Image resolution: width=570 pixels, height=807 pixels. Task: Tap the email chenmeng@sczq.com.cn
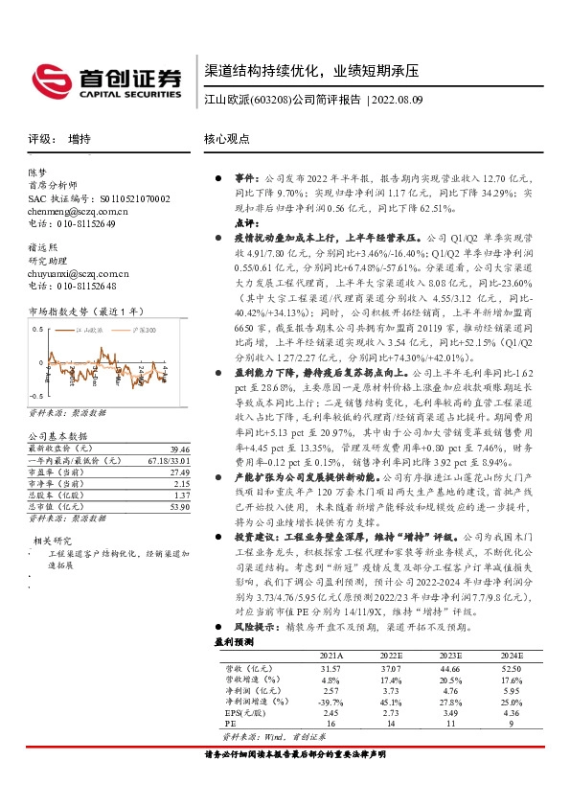(78, 210)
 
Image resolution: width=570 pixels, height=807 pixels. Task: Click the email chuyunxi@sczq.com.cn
(77, 273)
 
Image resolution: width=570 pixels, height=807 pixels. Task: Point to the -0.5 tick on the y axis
(35, 396)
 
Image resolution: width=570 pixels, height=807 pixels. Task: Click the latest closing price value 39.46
(179, 448)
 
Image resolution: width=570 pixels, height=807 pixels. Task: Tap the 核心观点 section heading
(227, 138)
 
